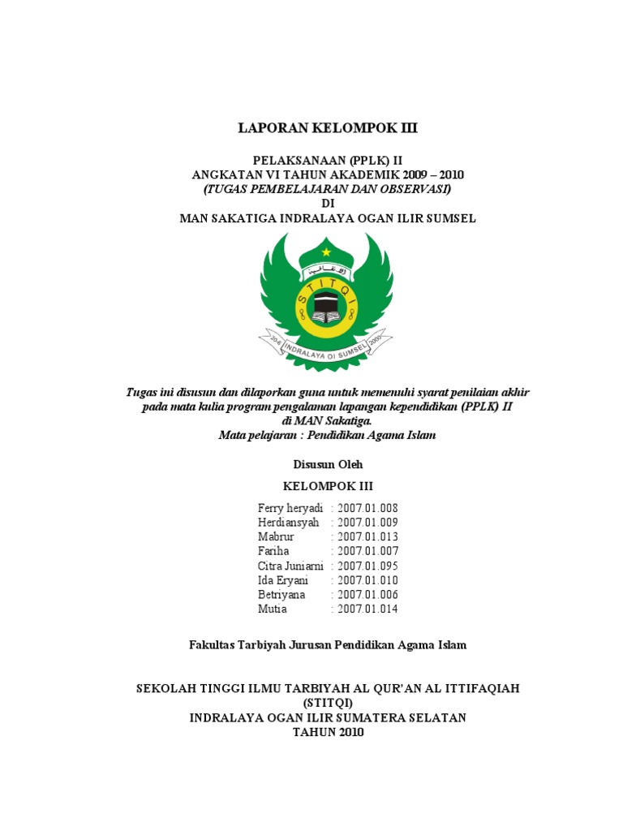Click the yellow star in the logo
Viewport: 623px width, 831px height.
point(326,252)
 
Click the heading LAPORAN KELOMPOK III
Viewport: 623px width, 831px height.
point(328,127)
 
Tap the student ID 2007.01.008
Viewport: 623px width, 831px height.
point(367,508)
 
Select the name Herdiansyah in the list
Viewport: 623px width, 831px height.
point(289,523)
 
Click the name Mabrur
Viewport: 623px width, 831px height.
point(277,537)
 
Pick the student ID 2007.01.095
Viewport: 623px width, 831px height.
point(367,566)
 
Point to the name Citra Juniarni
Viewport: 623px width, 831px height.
point(290,566)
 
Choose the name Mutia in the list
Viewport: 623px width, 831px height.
point(273,609)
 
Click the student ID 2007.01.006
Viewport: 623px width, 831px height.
point(367,595)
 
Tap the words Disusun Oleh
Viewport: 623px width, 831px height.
point(327,464)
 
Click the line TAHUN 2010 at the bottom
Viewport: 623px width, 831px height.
point(328,732)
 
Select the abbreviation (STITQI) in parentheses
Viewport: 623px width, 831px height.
point(328,703)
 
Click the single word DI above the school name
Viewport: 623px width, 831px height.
point(328,203)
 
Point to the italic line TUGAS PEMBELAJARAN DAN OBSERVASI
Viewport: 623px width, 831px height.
point(328,188)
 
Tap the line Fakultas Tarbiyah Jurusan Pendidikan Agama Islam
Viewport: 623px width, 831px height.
point(328,645)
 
